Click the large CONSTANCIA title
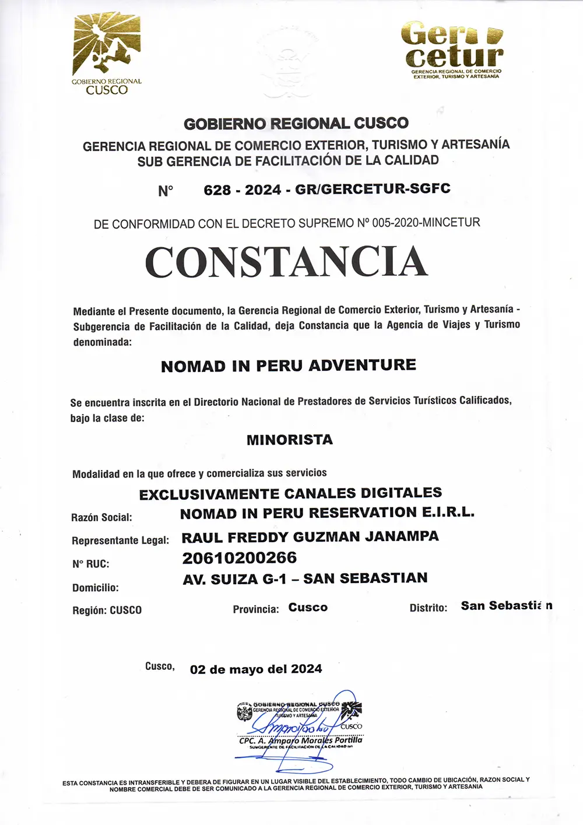[286, 262]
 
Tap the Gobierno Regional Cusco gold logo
[107, 54]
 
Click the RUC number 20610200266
[240, 558]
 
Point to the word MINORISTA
[290, 440]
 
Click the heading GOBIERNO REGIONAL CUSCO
[296, 124]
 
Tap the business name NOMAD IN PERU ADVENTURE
[289, 366]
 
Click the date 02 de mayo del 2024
[256, 669]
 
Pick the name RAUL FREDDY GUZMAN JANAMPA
[310, 536]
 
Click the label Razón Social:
[101, 517]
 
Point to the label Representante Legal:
[120, 540]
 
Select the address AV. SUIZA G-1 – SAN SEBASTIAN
[305, 578]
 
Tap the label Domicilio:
[95, 588]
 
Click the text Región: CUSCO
[107, 610]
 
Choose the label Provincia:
[256, 609]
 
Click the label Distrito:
[429, 608]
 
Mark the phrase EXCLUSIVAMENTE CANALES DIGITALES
[290, 493]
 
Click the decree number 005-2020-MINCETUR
[426, 222]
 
